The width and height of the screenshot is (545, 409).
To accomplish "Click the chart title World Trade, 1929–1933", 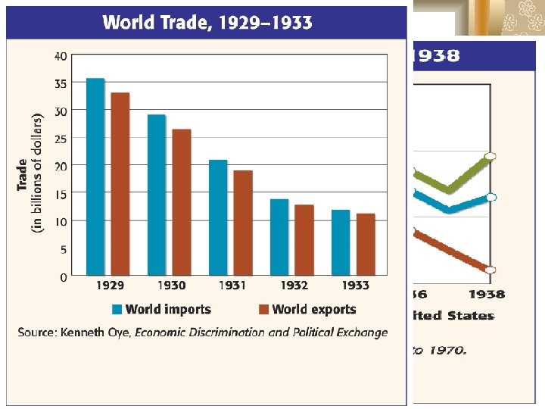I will click(207, 22).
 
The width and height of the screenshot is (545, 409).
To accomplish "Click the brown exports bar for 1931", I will click(243, 223).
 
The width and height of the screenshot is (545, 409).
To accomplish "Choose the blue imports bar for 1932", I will click(279, 237).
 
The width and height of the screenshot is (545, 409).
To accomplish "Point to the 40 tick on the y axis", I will click(60, 56).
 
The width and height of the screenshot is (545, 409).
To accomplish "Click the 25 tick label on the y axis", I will click(60, 139).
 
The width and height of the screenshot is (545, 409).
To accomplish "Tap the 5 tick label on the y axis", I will click(63, 249).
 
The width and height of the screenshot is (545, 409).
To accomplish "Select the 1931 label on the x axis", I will click(232, 286).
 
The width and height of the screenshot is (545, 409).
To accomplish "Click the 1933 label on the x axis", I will click(354, 286).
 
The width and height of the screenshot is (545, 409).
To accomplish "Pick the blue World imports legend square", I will click(117, 309).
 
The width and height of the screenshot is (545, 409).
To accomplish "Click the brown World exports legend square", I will click(263, 309).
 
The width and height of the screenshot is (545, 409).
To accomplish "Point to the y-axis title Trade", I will click(23, 174).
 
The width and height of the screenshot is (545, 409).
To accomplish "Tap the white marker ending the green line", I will click(490, 156).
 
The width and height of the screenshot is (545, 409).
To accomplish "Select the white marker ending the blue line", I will click(490, 197).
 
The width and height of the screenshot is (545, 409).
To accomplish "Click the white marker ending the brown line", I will click(490, 270).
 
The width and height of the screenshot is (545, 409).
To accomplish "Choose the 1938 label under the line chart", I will click(486, 294).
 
